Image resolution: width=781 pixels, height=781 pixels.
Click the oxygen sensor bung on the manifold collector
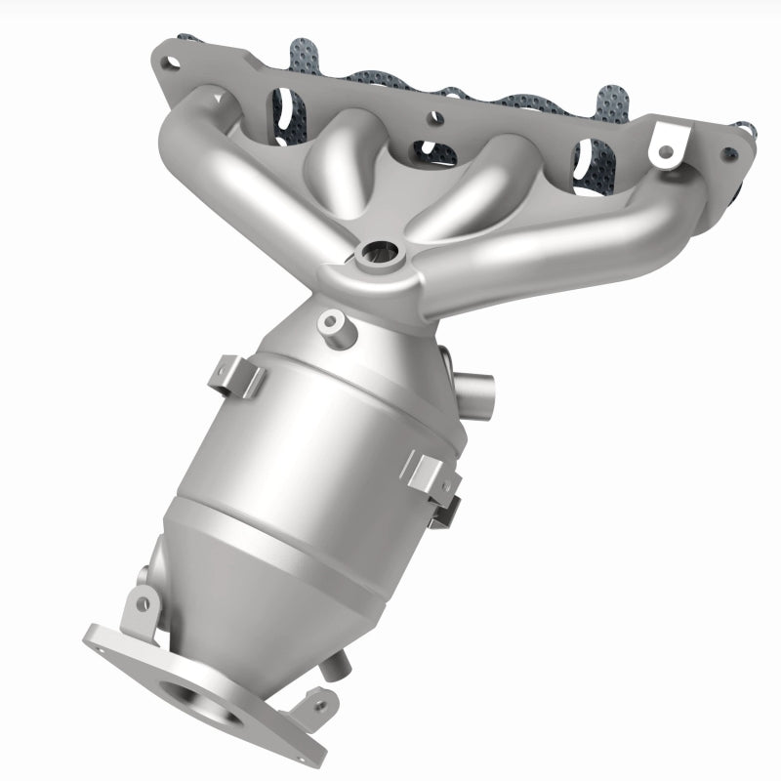point(379,256)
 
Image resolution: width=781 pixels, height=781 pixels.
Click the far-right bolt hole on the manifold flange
point(727,153)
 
